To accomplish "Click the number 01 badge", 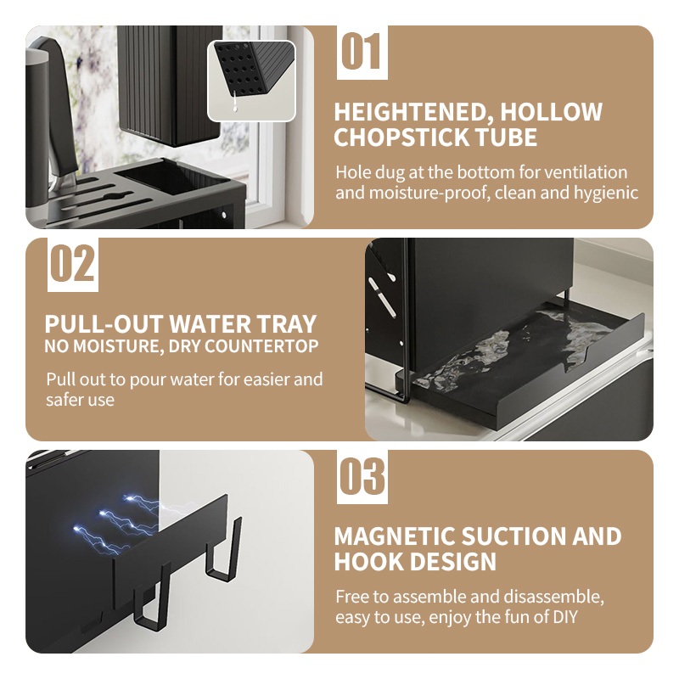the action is pos(362,53).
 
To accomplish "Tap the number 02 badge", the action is pos(73,264).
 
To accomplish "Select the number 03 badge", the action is pos(362,477).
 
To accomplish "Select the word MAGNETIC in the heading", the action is pos(395,536).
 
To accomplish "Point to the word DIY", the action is pos(564,617).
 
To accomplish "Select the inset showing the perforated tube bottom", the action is pos(251,81).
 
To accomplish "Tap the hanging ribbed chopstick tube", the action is pos(170,84).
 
